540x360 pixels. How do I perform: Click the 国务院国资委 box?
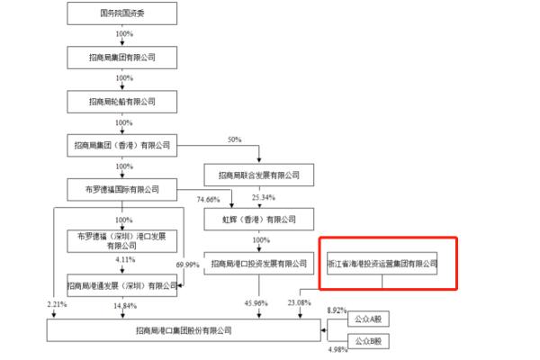[x=122, y=13]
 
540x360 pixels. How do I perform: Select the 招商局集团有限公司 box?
[x=122, y=57]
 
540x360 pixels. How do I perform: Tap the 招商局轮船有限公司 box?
[x=122, y=101]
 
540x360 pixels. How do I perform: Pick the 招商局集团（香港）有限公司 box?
[x=122, y=145]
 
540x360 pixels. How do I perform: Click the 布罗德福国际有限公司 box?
[x=122, y=189]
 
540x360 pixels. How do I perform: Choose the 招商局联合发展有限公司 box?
[x=258, y=175]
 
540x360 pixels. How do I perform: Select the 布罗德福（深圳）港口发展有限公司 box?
[x=122, y=240]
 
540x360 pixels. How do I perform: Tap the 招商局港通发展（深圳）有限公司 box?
[x=122, y=285]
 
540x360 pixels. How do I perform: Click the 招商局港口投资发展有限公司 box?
[x=258, y=264]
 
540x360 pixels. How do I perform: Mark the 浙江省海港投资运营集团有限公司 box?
[x=382, y=264]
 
